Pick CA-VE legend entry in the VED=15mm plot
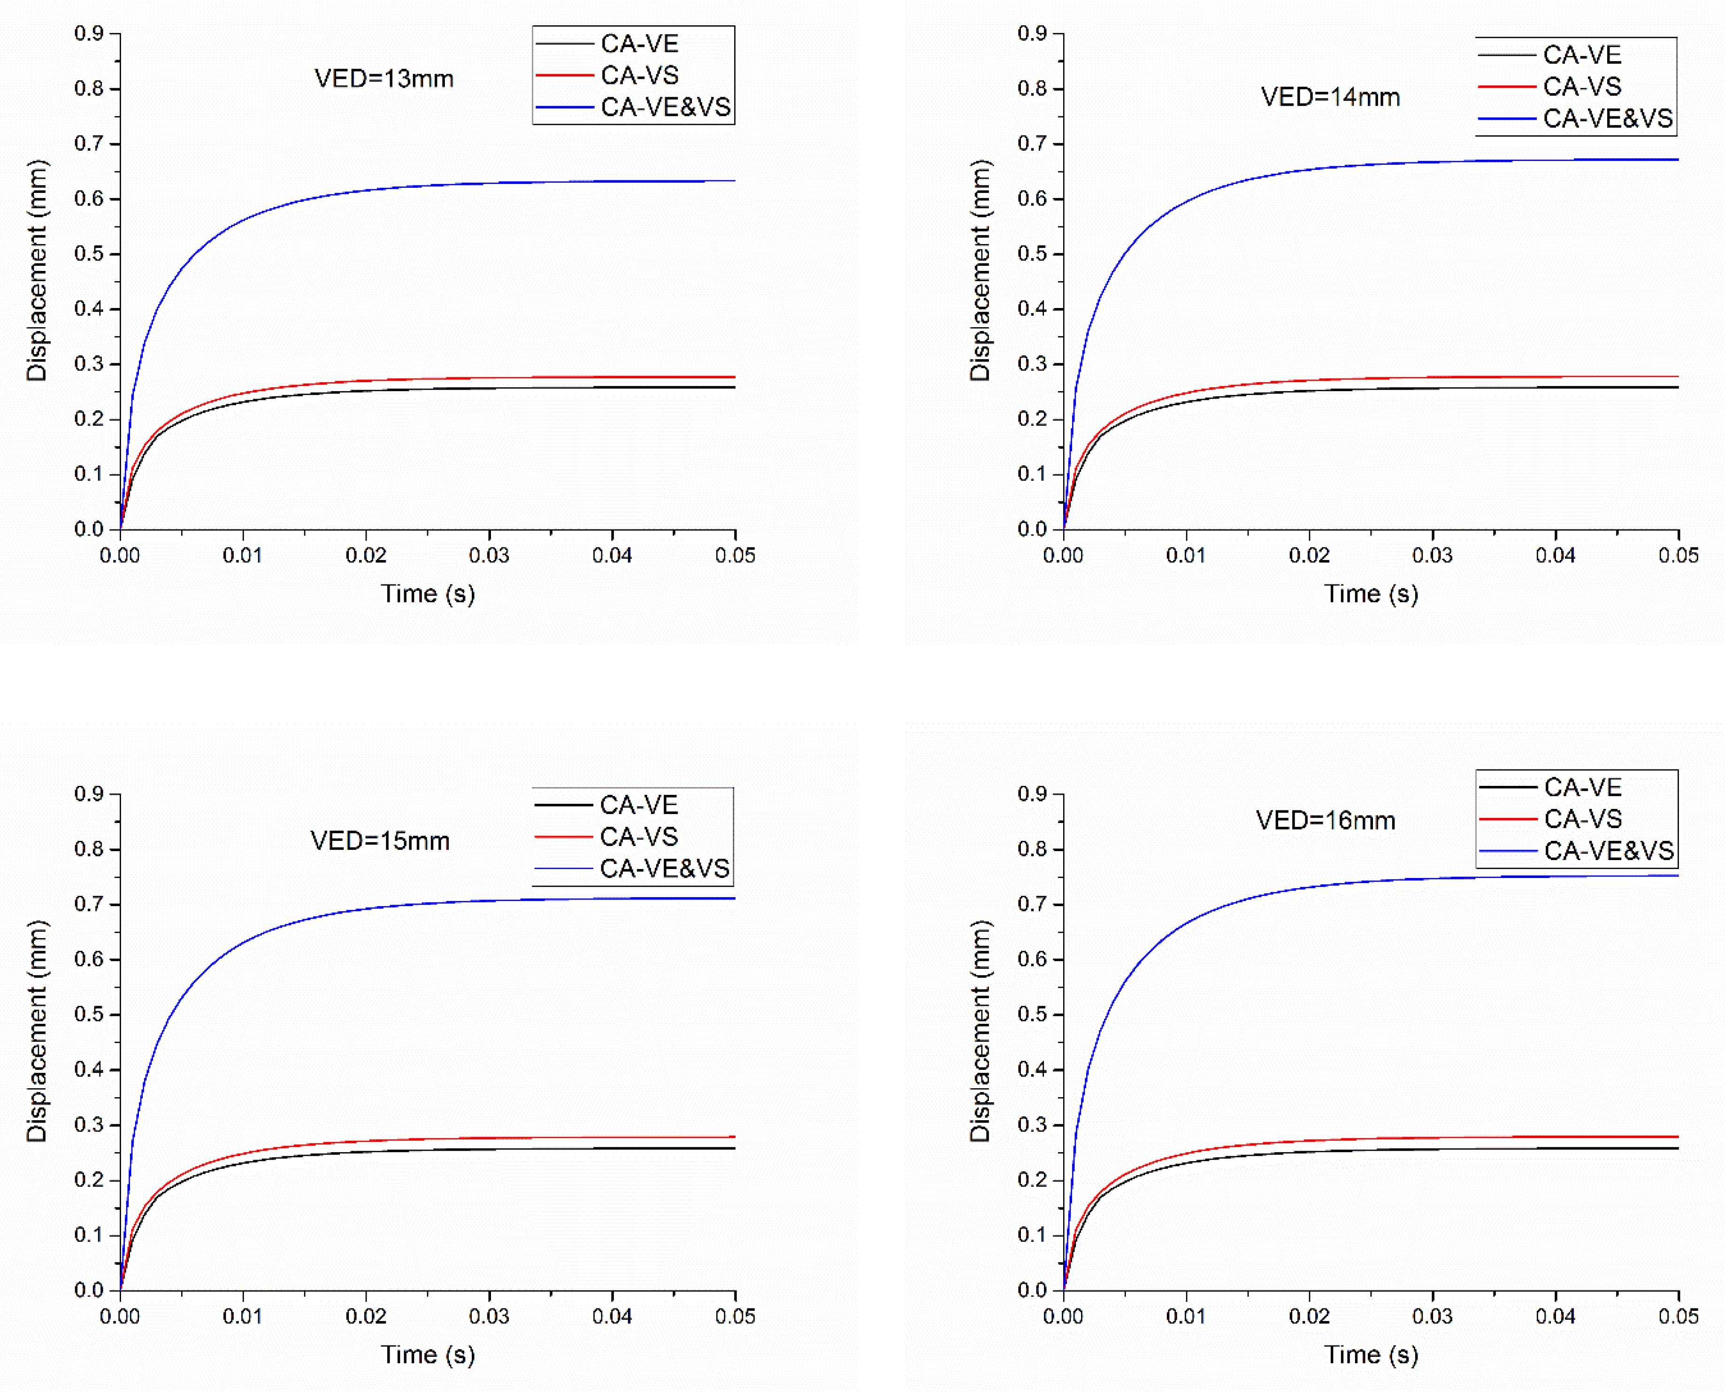pos(638,804)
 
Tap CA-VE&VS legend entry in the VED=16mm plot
pos(1608,851)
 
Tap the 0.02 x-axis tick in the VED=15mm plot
pos(366,1316)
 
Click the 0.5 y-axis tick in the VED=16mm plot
pos(1033,1015)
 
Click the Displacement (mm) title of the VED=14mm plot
pos(980,270)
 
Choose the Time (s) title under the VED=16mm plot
pos(1371,1354)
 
